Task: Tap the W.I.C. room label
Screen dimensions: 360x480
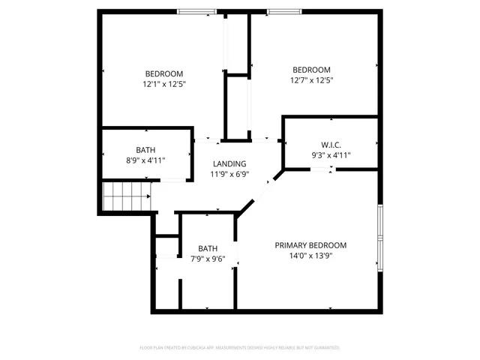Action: point(331,145)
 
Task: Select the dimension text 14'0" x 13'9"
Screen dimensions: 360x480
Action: point(310,256)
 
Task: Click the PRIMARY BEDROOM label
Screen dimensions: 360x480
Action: point(310,245)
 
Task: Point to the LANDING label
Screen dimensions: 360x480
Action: point(229,163)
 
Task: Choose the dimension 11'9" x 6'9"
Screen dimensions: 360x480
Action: point(229,174)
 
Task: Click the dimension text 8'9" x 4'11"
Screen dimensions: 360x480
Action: point(145,160)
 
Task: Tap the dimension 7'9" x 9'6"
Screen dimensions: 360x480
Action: point(208,259)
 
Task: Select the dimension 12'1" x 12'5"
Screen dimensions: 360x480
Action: point(164,84)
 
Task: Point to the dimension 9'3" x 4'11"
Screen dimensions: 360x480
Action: point(331,155)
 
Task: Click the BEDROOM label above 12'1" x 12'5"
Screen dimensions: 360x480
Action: point(164,73)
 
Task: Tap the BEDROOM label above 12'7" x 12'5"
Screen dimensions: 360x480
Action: point(310,70)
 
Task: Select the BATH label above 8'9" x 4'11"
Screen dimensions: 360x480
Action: point(145,149)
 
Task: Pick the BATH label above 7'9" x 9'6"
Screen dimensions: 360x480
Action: point(208,248)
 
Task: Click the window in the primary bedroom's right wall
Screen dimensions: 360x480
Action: point(380,236)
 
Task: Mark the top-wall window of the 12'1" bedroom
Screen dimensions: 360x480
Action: point(197,11)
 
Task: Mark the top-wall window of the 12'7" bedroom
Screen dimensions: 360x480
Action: point(283,11)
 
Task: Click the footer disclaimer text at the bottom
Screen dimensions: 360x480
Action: point(240,347)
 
